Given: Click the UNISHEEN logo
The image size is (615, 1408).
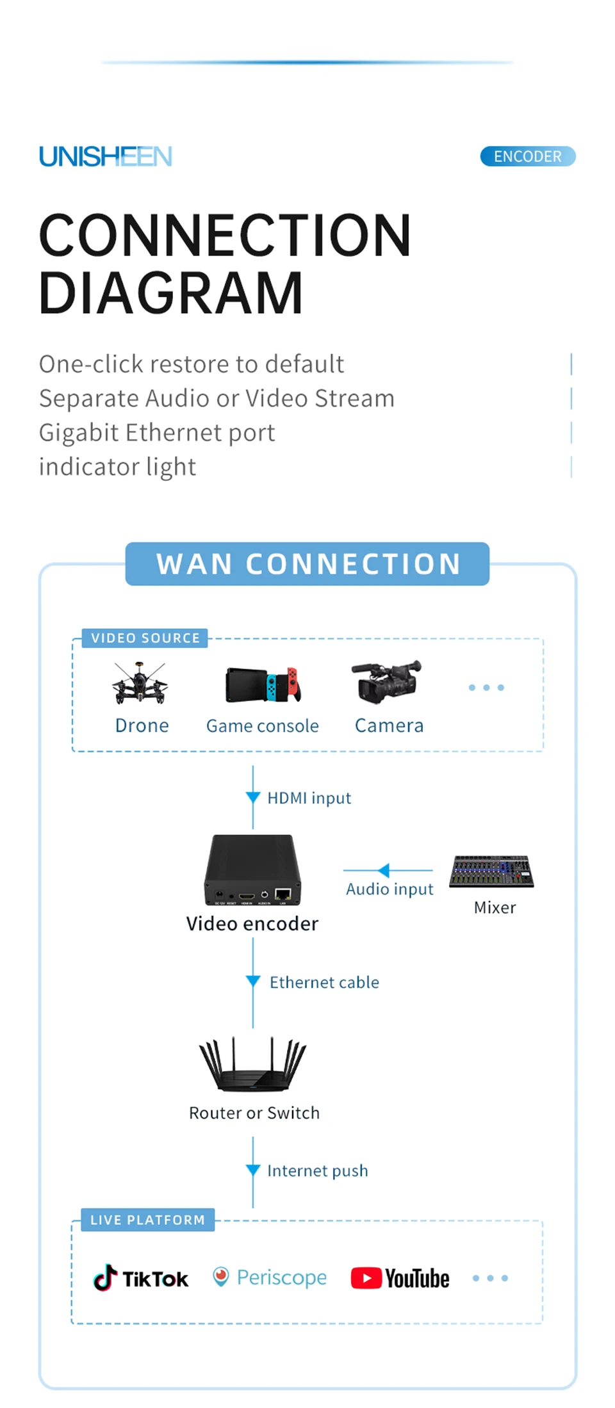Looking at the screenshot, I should pos(106,156).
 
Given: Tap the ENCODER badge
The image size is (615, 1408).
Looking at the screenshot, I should pos(527,156).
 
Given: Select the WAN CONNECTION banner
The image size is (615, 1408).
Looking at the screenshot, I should pos(307,564).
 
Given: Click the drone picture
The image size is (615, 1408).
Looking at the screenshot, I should pos(140,684).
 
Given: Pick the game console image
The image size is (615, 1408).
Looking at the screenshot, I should pos(263,684).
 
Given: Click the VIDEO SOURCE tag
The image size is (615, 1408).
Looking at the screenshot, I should pos(145,638).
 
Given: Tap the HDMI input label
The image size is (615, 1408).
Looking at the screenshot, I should pos(309,798).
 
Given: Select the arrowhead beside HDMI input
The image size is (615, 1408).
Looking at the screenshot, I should pos(253,797).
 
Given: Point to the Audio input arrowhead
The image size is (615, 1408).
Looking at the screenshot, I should pos(384,870).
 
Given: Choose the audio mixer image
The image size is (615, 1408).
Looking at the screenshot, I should pos(491,871).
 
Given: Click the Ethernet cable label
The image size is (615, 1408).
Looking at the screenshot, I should pos(324,982).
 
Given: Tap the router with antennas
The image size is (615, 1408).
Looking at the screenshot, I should pos(253,1064).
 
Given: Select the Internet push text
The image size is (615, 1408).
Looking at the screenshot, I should pos(318,1170).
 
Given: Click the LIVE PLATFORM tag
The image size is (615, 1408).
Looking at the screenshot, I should pos(147,1220).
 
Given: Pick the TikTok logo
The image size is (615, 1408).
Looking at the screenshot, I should pos(141,1278).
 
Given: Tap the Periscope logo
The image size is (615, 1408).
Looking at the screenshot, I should pos(270,1277).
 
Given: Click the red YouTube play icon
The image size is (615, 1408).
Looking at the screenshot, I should pos(366,1278).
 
